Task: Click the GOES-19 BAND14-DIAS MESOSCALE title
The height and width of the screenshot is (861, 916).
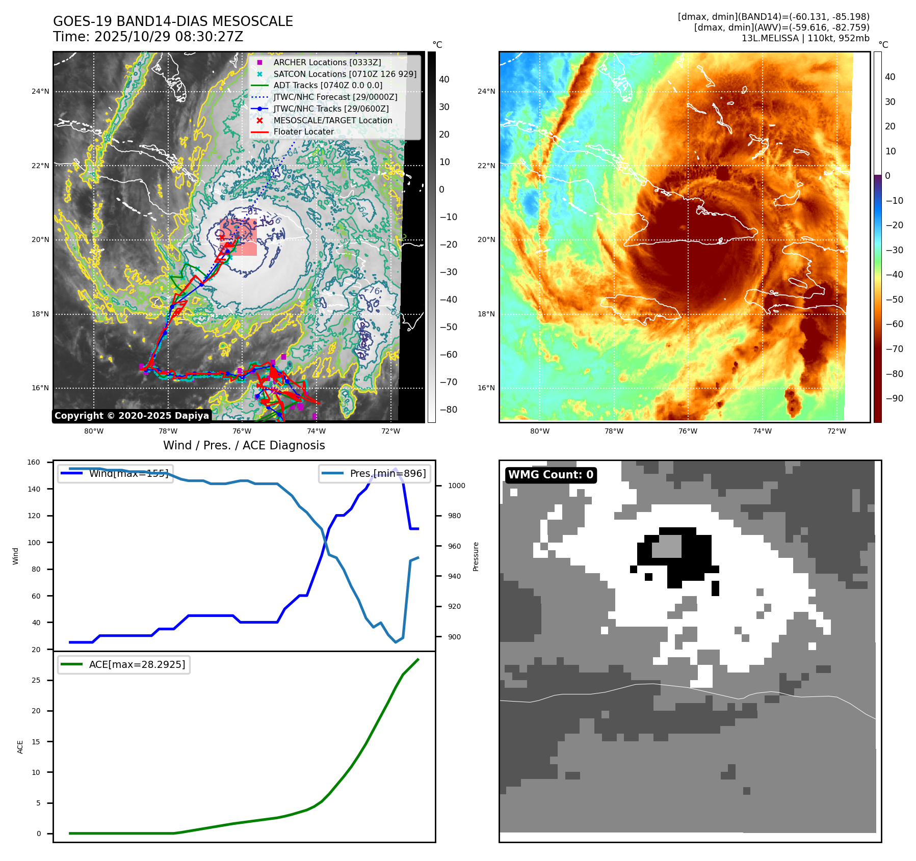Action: coord(173,21)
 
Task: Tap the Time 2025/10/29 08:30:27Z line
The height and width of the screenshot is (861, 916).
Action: coord(148,37)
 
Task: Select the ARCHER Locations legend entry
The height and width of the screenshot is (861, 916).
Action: coord(327,62)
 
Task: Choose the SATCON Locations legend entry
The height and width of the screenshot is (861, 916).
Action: coord(345,74)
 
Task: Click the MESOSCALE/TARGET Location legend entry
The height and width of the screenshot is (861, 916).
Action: coord(332,120)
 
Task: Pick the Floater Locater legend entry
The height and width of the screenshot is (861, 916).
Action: coord(303,131)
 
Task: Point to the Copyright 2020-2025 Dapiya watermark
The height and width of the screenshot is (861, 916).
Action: coord(132,416)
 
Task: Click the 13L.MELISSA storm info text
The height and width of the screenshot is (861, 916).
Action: coord(805,38)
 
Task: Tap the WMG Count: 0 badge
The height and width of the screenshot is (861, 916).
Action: coord(551,475)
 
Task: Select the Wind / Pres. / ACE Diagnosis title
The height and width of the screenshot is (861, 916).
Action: coord(244,445)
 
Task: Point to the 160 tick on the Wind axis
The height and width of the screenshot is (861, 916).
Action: coord(34,462)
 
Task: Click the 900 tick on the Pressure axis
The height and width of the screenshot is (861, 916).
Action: coord(454,637)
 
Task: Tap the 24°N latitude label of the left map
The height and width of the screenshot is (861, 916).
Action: coord(40,92)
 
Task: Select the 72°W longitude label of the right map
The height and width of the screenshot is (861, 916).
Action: coord(836,431)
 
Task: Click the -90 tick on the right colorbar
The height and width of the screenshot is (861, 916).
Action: coord(894,398)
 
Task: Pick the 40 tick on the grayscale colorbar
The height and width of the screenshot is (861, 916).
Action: coord(444,79)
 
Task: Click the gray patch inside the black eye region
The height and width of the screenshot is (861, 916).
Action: coord(667,546)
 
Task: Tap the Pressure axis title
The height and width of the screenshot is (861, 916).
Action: coord(476,556)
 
